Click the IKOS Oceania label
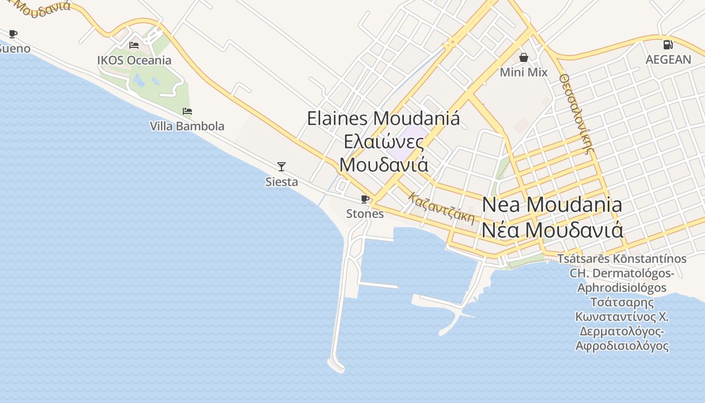(x=134, y=60)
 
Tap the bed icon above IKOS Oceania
(x=134, y=45)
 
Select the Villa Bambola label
(x=187, y=126)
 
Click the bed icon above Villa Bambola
(x=187, y=111)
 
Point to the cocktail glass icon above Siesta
(x=281, y=166)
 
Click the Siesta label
(x=281, y=182)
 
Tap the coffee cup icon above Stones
(x=365, y=199)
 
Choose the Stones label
(x=365, y=214)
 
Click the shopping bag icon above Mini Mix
(x=524, y=57)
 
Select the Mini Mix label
(x=523, y=73)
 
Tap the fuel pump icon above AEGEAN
(x=668, y=45)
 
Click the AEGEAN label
(x=668, y=59)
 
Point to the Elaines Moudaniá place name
(x=383, y=119)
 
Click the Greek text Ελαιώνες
(x=383, y=142)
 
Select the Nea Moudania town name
(x=552, y=205)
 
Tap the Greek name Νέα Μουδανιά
(x=552, y=230)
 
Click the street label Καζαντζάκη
(x=442, y=208)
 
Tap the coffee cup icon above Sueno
(x=13, y=34)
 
